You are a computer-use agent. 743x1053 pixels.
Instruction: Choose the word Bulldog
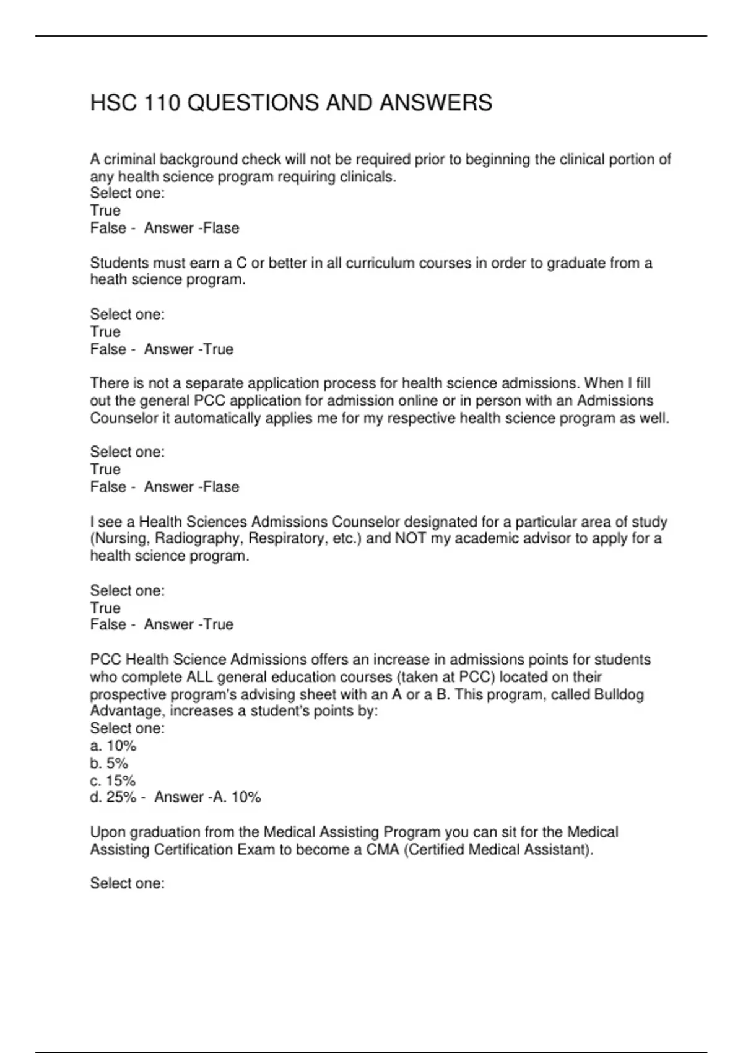619,694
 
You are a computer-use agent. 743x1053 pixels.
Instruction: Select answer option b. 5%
109,763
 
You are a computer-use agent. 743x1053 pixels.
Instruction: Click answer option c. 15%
113,780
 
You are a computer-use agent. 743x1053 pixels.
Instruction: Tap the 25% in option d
121,797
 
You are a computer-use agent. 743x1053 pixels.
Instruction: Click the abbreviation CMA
383,849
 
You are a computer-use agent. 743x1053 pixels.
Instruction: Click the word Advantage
126,711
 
